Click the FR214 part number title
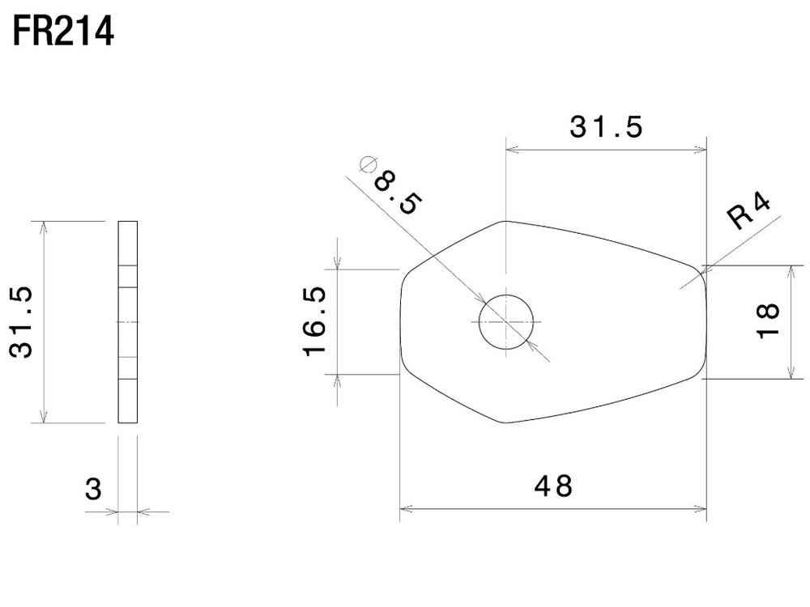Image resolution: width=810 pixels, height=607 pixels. [x=63, y=32]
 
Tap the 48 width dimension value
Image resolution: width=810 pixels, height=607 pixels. [x=553, y=486]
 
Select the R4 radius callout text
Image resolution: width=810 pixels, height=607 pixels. [x=748, y=211]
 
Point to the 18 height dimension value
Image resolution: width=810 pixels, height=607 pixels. [x=768, y=320]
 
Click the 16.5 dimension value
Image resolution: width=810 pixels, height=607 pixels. [x=314, y=321]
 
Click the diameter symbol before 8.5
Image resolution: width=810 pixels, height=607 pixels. [x=367, y=164]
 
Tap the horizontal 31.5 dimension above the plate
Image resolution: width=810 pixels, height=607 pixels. [x=606, y=127]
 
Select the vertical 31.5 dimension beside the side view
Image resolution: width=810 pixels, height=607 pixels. [x=21, y=322]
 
